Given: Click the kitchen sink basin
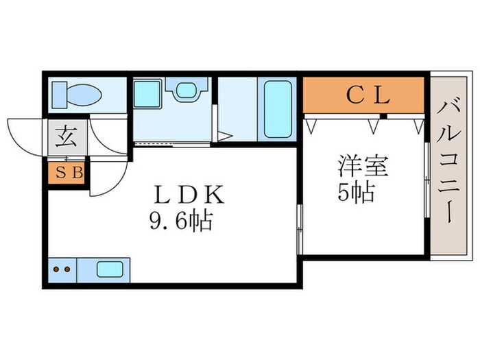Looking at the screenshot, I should (109, 269).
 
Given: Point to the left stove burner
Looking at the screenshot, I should (56, 269).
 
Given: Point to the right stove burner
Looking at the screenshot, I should (67, 269).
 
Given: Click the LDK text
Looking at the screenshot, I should (189, 196).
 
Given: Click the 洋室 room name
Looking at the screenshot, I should (363, 167).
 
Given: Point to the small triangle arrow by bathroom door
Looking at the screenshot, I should (221, 136).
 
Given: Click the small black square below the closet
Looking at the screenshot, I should (383, 116).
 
